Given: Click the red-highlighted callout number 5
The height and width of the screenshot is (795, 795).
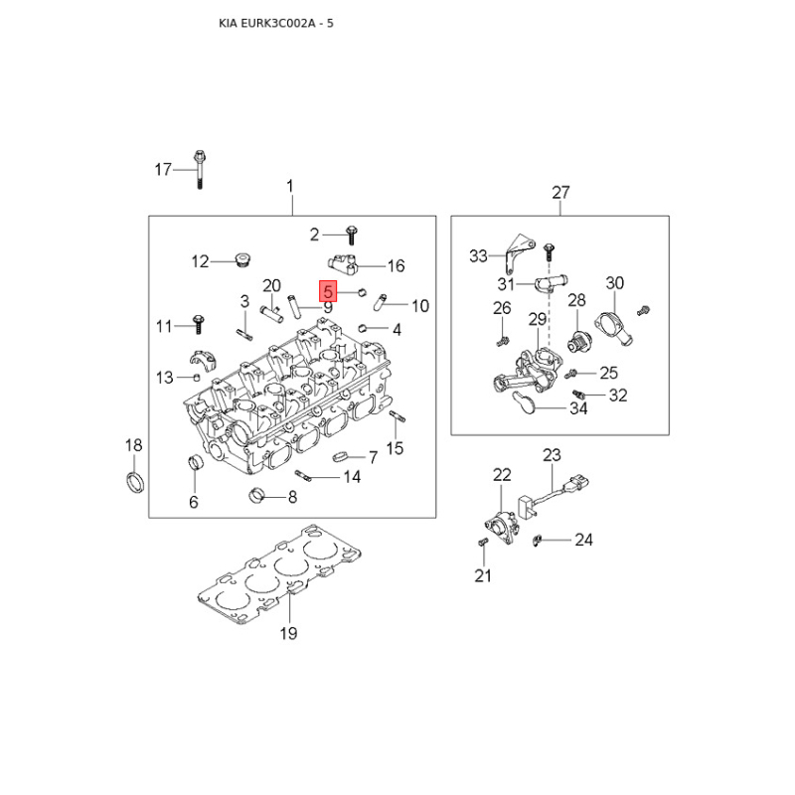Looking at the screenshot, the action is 328,291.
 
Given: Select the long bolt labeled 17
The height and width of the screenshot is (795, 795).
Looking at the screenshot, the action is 200,169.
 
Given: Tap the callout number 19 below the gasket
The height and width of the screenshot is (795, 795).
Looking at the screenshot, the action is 288,633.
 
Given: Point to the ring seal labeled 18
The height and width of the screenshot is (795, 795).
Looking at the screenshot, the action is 135,482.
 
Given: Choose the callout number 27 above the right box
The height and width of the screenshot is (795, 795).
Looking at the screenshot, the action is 560,193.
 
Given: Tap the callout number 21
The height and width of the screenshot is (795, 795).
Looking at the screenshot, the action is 483,576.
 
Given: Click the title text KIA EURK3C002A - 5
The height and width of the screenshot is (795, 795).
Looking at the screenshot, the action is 276,23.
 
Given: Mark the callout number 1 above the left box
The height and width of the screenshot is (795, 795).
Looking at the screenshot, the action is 290,187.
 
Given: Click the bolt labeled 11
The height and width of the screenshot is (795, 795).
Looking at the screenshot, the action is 198,324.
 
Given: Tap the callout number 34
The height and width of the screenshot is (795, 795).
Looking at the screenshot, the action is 578,408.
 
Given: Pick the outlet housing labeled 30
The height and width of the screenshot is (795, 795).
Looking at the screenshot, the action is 613,328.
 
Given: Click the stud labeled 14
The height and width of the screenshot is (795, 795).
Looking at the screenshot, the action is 302,475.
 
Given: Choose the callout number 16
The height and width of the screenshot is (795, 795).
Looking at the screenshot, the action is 396,265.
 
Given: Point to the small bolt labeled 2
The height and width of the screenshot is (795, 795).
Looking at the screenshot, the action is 351,236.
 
